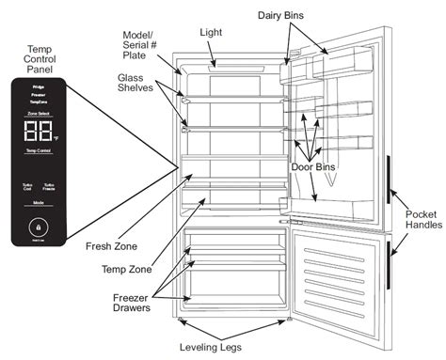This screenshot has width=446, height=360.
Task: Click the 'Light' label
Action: (x=210, y=31)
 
